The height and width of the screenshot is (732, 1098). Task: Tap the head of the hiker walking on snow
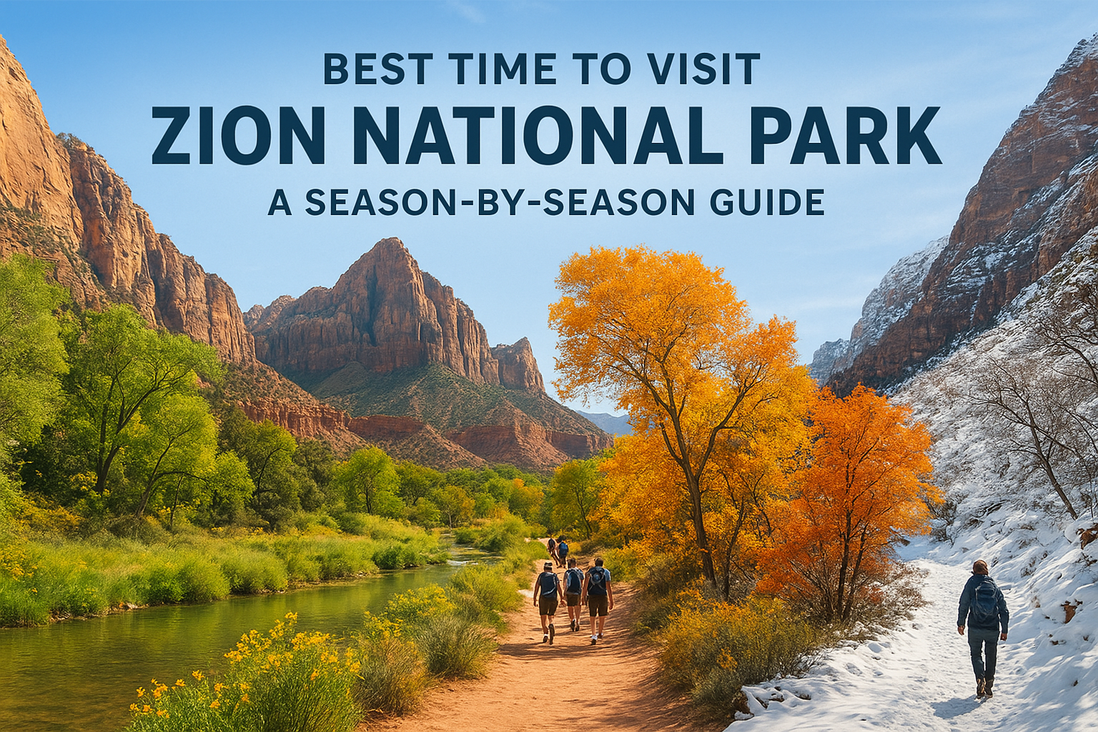980,568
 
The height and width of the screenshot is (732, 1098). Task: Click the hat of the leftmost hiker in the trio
548,565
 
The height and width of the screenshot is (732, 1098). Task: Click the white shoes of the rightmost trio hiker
595,638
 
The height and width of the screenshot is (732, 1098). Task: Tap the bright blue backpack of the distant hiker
563,547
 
